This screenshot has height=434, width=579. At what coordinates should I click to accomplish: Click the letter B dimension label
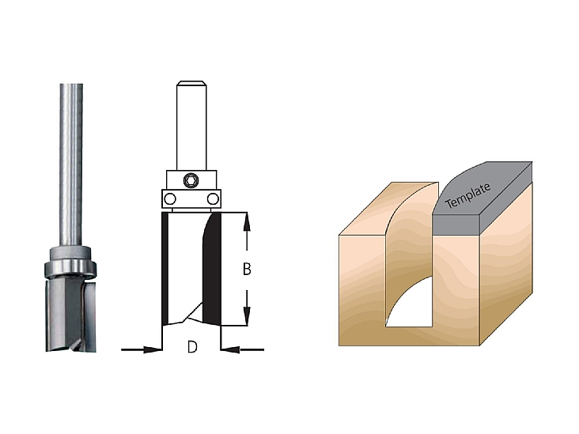(x=247, y=269)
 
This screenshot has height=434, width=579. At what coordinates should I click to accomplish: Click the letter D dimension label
(x=192, y=347)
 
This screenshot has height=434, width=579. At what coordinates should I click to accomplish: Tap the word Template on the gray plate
(x=468, y=195)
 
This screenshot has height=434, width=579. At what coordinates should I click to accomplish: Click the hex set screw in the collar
(x=191, y=180)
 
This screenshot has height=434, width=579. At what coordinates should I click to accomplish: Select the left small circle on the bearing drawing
(x=169, y=199)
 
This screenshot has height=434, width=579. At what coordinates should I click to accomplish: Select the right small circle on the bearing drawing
(x=213, y=199)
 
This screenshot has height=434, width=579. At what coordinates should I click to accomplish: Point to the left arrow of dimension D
(x=142, y=349)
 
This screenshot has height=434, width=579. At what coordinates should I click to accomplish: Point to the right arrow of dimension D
(x=242, y=349)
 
